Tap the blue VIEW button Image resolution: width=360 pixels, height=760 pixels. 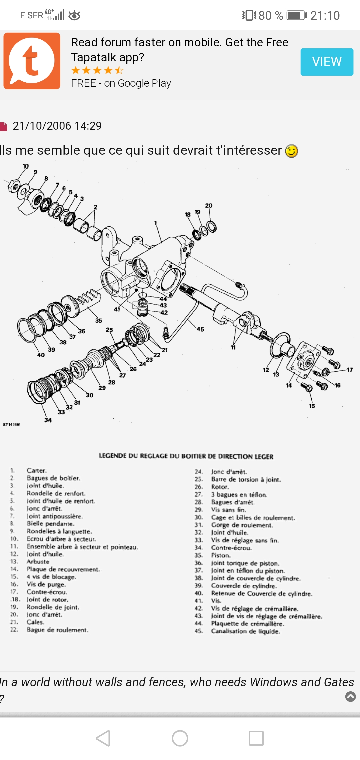pyautogui.click(x=327, y=62)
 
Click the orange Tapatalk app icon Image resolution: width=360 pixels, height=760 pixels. pyautogui.click(x=32, y=61)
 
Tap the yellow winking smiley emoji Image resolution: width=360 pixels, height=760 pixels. pyautogui.click(x=291, y=151)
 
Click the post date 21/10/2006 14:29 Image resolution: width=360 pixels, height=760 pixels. pyautogui.click(x=57, y=126)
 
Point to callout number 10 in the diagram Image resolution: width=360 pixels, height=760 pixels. pyautogui.click(x=26, y=166)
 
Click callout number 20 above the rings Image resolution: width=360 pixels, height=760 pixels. pyautogui.click(x=209, y=206)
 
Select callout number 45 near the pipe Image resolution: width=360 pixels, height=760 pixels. pyautogui.click(x=200, y=329)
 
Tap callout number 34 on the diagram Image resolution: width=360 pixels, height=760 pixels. pyautogui.click(x=48, y=420)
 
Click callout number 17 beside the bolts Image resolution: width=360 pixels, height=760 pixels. pyautogui.click(x=349, y=370)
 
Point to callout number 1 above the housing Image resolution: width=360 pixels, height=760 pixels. pyautogui.click(x=155, y=223)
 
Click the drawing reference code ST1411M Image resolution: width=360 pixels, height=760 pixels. pyautogui.click(x=11, y=425)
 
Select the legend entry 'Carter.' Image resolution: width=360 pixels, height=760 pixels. pyautogui.click(x=37, y=471)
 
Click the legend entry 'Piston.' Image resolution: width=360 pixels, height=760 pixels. pyautogui.click(x=221, y=555)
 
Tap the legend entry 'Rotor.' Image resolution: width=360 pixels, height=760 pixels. pyautogui.click(x=220, y=487)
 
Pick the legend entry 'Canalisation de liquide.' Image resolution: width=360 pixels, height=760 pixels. pyautogui.click(x=245, y=631)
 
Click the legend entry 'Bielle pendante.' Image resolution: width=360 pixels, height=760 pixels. pyautogui.click(x=51, y=524)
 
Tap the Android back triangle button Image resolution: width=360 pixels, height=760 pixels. pyautogui.click(x=103, y=738)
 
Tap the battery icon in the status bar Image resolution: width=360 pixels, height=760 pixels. pyautogui.click(x=296, y=15)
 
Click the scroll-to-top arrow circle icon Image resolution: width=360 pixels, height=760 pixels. pyautogui.click(x=350, y=696)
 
